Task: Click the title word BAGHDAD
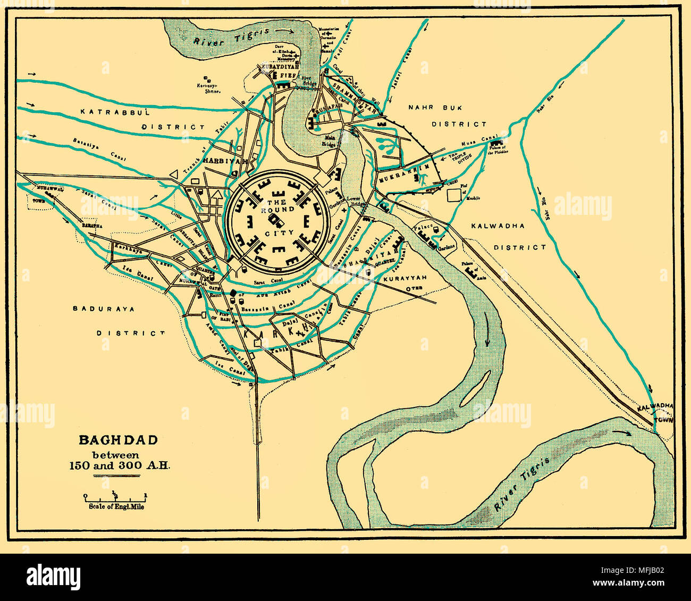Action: click(x=118, y=440)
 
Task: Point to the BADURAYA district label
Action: click(x=104, y=308)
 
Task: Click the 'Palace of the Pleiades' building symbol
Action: click(x=498, y=143)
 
